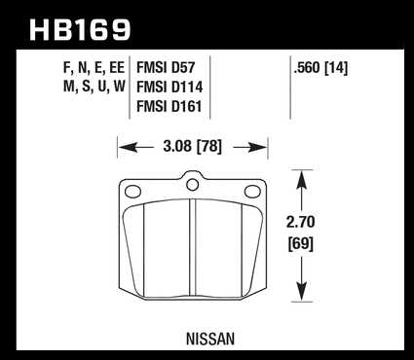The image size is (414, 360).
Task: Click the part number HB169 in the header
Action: [x=80, y=30]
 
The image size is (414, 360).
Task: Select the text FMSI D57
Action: [x=166, y=68]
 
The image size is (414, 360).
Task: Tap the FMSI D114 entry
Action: [x=169, y=88]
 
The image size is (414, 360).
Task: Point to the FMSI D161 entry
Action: [x=169, y=107]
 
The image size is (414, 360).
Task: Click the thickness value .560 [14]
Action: [x=320, y=68]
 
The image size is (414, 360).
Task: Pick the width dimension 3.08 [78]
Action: [x=193, y=147]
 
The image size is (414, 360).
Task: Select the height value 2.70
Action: [x=301, y=223]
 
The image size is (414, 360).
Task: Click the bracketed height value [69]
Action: [x=301, y=243]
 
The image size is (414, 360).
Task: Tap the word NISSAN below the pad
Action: [x=210, y=340]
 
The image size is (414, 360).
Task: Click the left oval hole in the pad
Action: [x=132, y=192]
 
